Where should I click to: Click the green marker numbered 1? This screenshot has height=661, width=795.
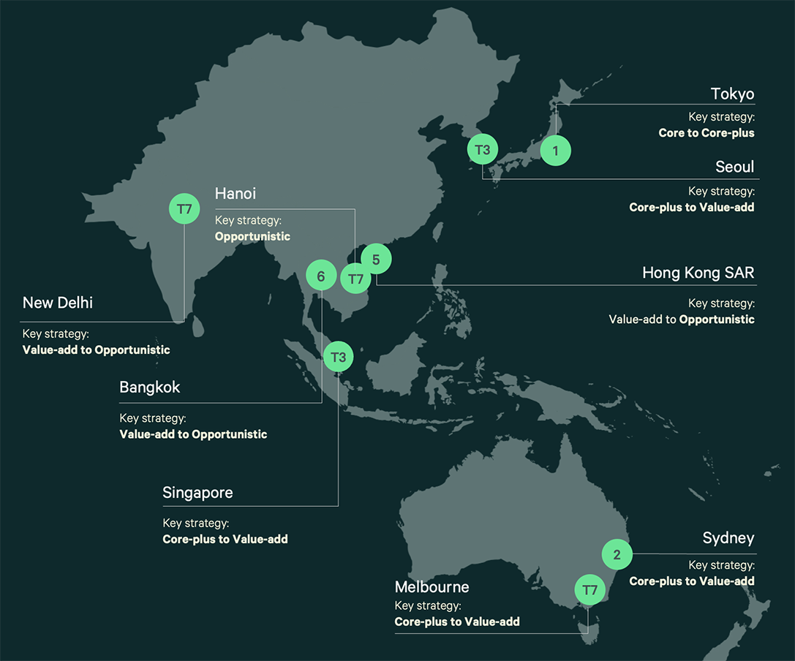pyautogui.click(x=555, y=151)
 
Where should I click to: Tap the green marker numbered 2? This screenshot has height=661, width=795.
pyautogui.click(x=617, y=554)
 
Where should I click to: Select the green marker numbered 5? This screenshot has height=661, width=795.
pyautogui.click(x=376, y=259)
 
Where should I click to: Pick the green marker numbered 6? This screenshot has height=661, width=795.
pyautogui.click(x=320, y=276)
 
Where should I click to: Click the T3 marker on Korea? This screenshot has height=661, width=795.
pyautogui.click(x=482, y=150)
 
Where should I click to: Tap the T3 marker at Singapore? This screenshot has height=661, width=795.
pyautogui.click(x=338, y=357)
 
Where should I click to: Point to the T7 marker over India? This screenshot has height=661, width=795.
pyautogui.click(x=184, y=209)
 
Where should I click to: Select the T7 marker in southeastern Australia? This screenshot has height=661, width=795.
pyautogui.click(x=589, y=589)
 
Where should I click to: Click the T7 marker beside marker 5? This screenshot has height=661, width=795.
pyautogui.click(x=355, y=279)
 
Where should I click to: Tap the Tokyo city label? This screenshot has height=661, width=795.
pyautogui.click(x=732, y=94)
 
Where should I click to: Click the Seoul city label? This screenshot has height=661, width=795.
pyautogui.click(x=734, y=167)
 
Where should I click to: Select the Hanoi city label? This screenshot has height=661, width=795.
pyautogui.click(x=235, y=194)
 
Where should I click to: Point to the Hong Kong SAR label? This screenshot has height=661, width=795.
pyautogui.click(x=698, y=273)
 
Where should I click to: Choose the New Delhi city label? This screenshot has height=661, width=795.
pyautogui.click(x=58, y=303)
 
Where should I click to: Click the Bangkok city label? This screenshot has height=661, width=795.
pyautogui.click(x=149, y=388)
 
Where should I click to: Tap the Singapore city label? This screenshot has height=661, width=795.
pyautogui.click(x=197, y=493)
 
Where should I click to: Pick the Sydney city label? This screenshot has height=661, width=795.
pyautogui.click(x=728, y=539)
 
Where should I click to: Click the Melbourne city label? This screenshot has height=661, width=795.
pyautogui.click(x=432, y=587)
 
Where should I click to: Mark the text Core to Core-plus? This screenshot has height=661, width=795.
pyautogui.click(x=706, y=133)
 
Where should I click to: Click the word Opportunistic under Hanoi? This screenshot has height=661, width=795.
pyautogui.click(x=252, y=236)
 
